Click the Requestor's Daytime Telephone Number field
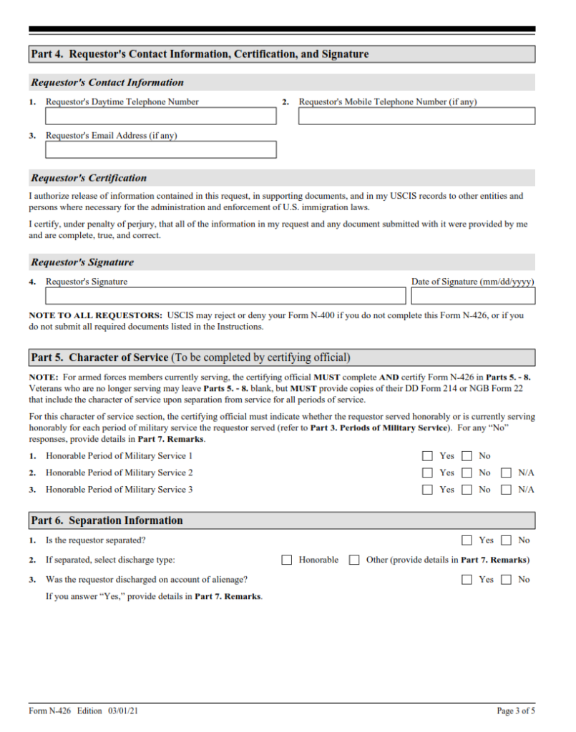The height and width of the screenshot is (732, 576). pos(160,116)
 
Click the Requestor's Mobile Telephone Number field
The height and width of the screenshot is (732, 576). pos(416,116)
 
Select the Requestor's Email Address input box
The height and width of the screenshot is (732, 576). pos(160,149)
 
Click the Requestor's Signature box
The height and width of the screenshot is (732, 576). pos(225,295)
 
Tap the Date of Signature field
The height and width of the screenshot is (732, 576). pos(472,295)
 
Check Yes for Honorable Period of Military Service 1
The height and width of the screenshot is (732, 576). pos(428,455)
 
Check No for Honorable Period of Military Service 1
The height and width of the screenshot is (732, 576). pos(467,455)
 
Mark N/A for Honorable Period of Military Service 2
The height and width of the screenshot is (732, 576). pos(507,473)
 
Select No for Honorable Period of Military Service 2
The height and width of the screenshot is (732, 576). pos(467,473)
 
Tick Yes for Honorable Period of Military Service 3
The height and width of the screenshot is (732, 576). pos(428,490)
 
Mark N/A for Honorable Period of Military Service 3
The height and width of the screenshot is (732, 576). pos(507,490)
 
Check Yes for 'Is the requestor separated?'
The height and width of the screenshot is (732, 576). pos(467,540)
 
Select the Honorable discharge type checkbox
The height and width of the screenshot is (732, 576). pos(287,560)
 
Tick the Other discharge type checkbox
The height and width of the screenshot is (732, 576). pos(354,560)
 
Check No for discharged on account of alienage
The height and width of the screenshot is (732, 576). pos(507,580)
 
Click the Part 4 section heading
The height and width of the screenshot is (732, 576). pos(200,54)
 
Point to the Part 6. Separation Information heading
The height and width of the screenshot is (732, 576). pos(107,520)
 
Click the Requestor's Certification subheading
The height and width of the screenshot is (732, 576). pos(89,178)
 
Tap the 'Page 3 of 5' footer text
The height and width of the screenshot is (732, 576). pos(515,711)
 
